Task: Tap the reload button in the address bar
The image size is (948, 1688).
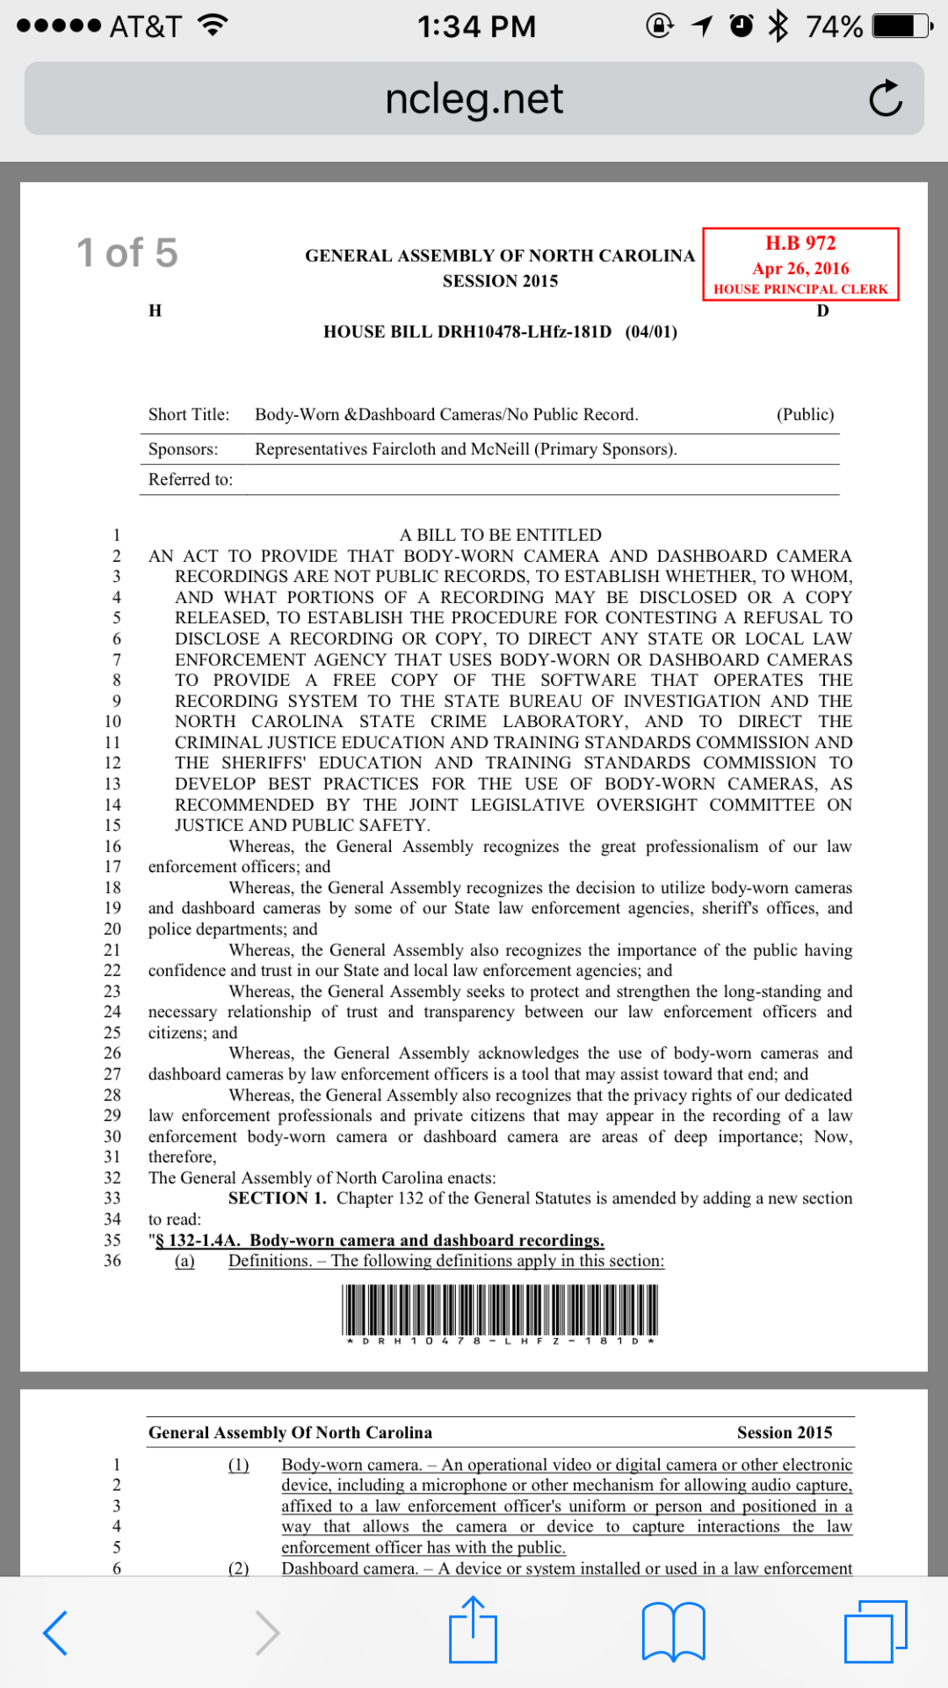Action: point(886,98)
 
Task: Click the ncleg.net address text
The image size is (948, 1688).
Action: point(474,98)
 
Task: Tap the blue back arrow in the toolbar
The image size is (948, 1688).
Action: point(55,1633)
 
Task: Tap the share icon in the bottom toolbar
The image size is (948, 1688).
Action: point(473,1631)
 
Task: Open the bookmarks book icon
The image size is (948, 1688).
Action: point(673,1632)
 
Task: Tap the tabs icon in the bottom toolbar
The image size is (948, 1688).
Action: point(875,1632)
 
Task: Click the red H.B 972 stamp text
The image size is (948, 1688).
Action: point(800,243)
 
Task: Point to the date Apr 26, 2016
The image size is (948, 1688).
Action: point(800,268)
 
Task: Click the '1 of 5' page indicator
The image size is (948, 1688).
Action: point(127,253)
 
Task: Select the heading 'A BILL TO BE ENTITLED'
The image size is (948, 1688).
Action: point(500,535)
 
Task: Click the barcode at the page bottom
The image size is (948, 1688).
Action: point(500,1310)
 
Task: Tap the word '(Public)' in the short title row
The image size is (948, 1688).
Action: point(805,414)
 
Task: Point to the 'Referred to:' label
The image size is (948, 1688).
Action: point(191,479)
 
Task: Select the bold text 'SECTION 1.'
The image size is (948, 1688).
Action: point(277,1198)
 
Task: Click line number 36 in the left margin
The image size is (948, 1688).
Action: point(112,1261)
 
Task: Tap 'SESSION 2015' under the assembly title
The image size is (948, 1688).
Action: point(500,281)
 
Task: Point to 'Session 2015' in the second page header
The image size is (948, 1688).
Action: point(784,1432)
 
